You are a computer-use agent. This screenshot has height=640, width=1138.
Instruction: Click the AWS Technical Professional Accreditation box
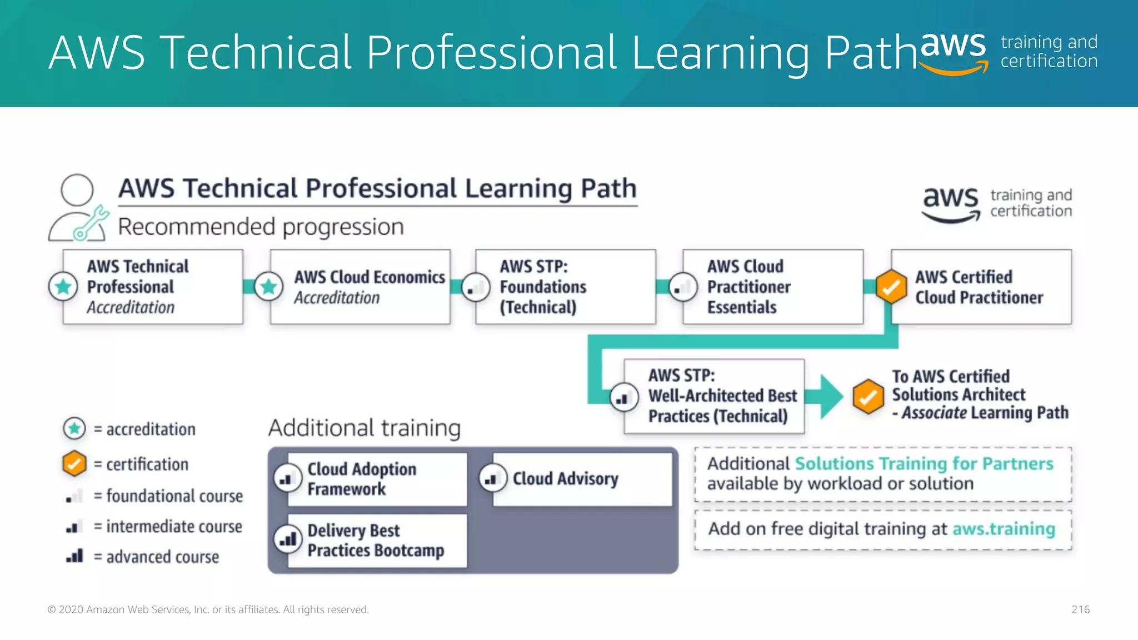tap(153, 287)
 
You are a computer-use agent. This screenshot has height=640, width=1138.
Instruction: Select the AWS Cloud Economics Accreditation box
tap(360, 287)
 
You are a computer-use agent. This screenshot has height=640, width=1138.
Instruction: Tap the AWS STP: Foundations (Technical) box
tap(566, 287)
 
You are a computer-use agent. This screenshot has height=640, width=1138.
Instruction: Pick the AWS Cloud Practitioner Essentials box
tap(773, 287)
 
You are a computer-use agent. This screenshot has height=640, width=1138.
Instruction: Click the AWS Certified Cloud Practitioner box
tap(981, 287)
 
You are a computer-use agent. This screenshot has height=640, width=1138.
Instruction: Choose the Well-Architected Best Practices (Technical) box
tap(715, 396)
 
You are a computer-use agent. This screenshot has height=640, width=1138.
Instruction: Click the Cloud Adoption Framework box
tap(377, 479)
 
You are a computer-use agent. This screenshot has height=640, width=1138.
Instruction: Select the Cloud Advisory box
tap(582, 479)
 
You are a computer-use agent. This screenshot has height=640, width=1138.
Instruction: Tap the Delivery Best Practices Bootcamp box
tap(377, 541)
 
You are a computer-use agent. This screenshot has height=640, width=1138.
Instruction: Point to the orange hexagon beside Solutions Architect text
tap(868, 397)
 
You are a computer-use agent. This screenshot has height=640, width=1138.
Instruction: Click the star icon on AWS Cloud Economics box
tap(269, 287)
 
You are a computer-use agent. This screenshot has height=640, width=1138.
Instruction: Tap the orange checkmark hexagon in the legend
tap(74, 463)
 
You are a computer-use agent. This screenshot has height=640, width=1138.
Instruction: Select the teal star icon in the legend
tap(74, 428)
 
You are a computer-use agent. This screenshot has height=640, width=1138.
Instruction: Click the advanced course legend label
tap(162, 557)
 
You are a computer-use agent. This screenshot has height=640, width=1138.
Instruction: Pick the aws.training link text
tap(1004, 529)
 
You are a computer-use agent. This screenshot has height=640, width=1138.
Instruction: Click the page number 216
tap(1080, 609)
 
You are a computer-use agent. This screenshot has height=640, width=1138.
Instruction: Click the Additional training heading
tap(365, 428)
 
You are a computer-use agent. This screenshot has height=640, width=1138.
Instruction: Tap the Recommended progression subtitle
tap(261, 227)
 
